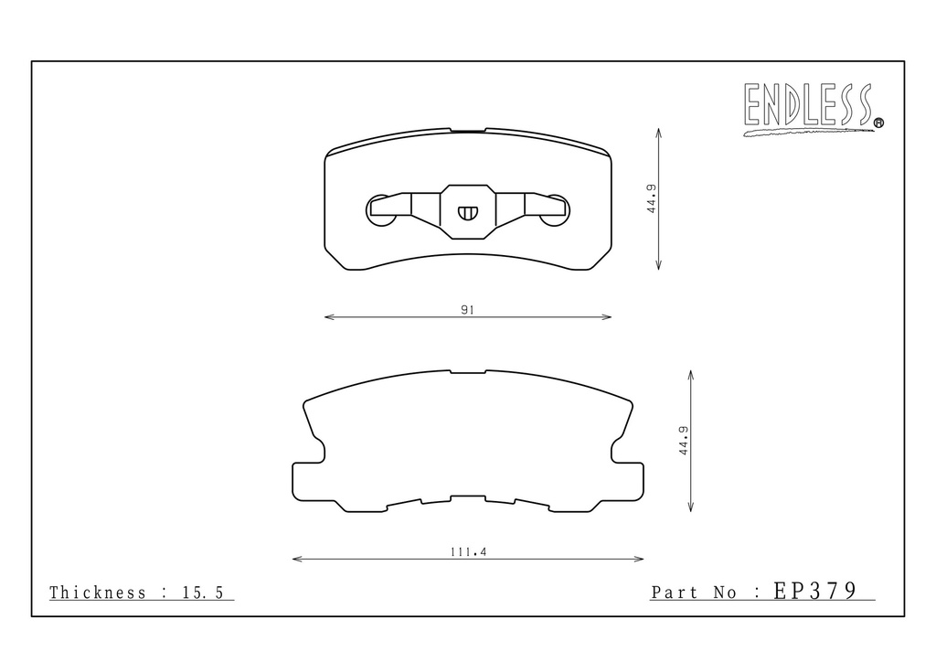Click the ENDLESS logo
point(813,109)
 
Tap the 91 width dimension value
point(467,310)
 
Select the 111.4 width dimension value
point(469,552)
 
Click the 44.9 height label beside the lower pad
point(684,441)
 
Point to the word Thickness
point(98,593)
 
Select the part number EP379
point(815,591)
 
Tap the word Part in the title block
point(674,593)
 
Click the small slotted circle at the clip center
point(468,212)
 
